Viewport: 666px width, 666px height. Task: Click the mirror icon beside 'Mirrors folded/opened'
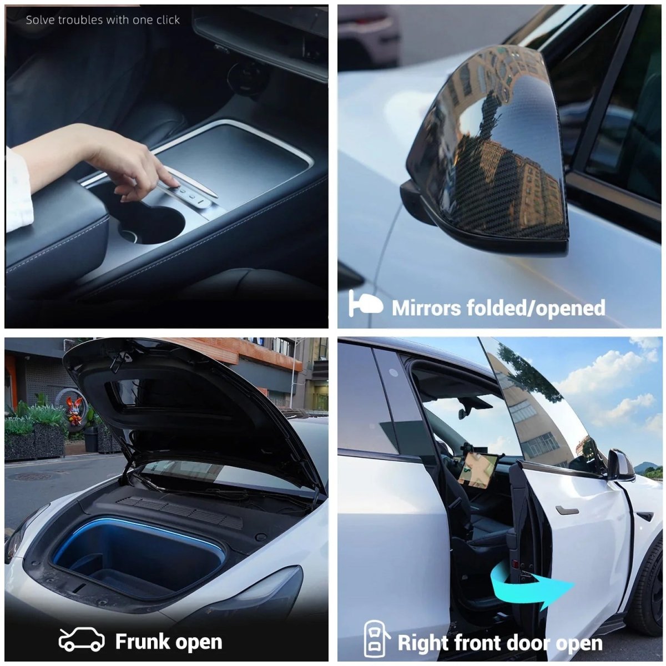[365, 304]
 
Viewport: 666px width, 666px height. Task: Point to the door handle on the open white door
[567, 511]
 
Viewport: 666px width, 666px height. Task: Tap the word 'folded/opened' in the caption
[536, 308]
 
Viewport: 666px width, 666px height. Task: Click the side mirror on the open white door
[620, 465]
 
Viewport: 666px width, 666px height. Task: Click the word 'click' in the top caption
[168, 20]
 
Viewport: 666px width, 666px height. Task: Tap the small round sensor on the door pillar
[393, 372]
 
